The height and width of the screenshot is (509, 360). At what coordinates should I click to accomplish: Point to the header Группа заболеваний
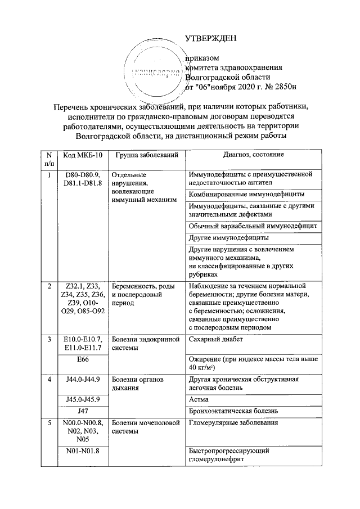pos(146,155)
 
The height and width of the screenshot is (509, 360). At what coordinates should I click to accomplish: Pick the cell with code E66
pos(82,358)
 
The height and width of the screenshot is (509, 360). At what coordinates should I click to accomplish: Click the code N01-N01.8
pos(82,451)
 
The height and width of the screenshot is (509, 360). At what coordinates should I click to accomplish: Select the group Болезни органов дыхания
pos(138,383)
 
